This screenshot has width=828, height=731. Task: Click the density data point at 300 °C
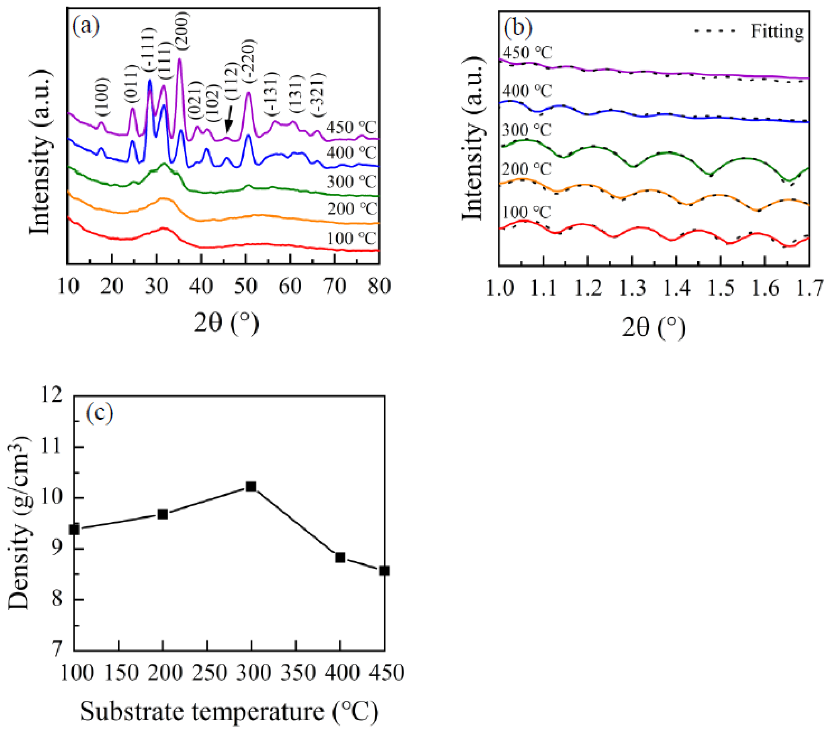pos(251,486)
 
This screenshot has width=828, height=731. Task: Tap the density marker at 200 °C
pos(163,514)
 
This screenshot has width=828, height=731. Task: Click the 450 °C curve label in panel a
pos(351,128)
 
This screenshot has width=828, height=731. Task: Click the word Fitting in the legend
pos(777,31)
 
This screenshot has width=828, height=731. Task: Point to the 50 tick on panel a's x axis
pos(246,287)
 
